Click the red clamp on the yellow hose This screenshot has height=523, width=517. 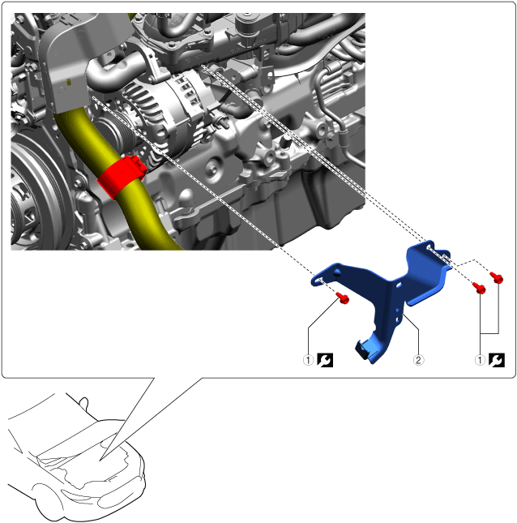click(x=122, y=176)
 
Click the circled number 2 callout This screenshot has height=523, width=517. click(x=418, y=360)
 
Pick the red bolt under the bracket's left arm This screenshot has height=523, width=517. click(x=343, y=298)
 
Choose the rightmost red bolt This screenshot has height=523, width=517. click(x=497, y=277)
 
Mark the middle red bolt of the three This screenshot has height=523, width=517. click(x=479, y=288)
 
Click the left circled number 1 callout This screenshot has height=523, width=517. click(x=308, y=360)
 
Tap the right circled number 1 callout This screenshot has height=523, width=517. click(x=480, y=360)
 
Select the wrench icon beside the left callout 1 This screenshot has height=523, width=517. click(x=325, y=360)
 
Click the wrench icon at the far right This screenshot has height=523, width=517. click(x=497, y=360)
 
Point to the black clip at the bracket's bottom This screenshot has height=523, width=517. click(x=364, y=350)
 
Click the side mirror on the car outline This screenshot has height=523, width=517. click(x=84, y=403)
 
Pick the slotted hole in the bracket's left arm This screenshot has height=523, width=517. click(x=318, y=280)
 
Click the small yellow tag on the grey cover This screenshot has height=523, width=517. click(x=68, y=82)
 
